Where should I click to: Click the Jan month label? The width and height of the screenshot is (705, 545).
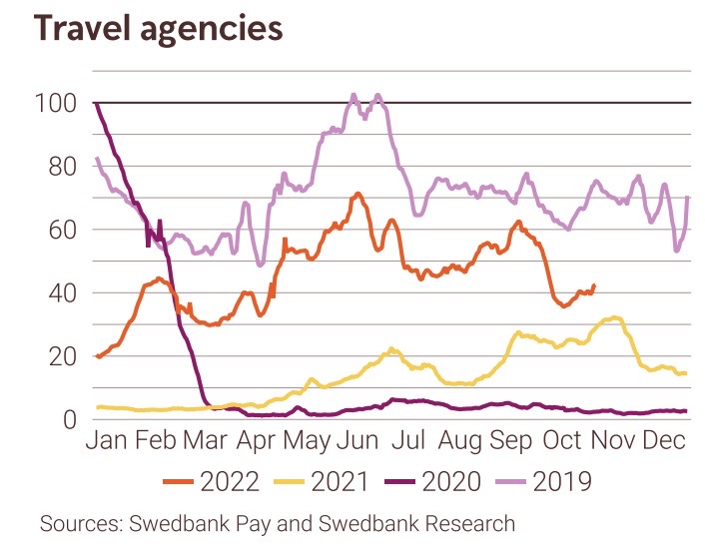pyautogui.click(x=113, y=443)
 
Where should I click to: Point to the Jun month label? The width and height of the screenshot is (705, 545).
pyautogui.click(x=355, y=443)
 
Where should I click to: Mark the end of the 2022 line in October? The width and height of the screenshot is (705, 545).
pyautogui.click(x=595, y=285)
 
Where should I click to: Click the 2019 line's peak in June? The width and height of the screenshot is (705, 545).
pyautogui.click(x=354, y=96)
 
